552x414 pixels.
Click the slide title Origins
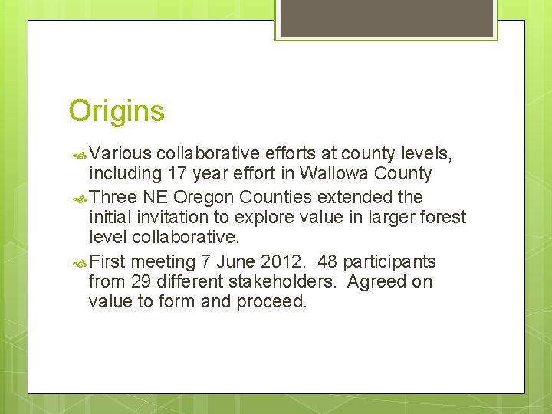pyautogui.click(x=117, y=111)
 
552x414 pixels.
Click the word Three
pyautogui.click(x=114, y=197)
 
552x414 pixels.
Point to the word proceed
pyautogui.click(x=271, y=301)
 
